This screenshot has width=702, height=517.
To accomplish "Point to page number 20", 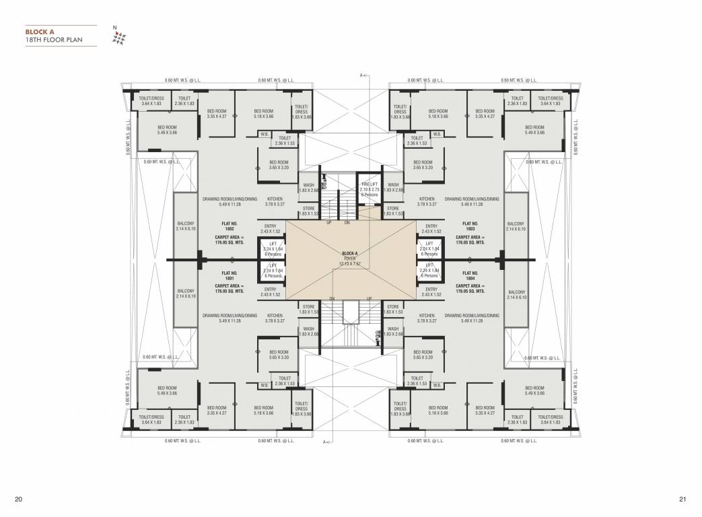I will coord(18,499).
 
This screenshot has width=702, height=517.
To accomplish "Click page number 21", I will coord(682,499).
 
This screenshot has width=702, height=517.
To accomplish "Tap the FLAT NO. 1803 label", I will coord(470,226).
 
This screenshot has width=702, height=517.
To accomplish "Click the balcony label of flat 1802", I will coord(185,226).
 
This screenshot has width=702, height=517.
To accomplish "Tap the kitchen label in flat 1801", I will coord(275,318).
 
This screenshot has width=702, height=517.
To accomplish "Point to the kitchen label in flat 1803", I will coord(426,202).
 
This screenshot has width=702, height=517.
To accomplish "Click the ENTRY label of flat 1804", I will coord(431,291).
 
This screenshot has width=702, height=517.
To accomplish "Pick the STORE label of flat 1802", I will coord(308,211).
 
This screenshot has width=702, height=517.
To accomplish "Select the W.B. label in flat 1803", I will coord(436,134).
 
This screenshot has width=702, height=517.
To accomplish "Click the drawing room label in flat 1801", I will coord(230,318).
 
